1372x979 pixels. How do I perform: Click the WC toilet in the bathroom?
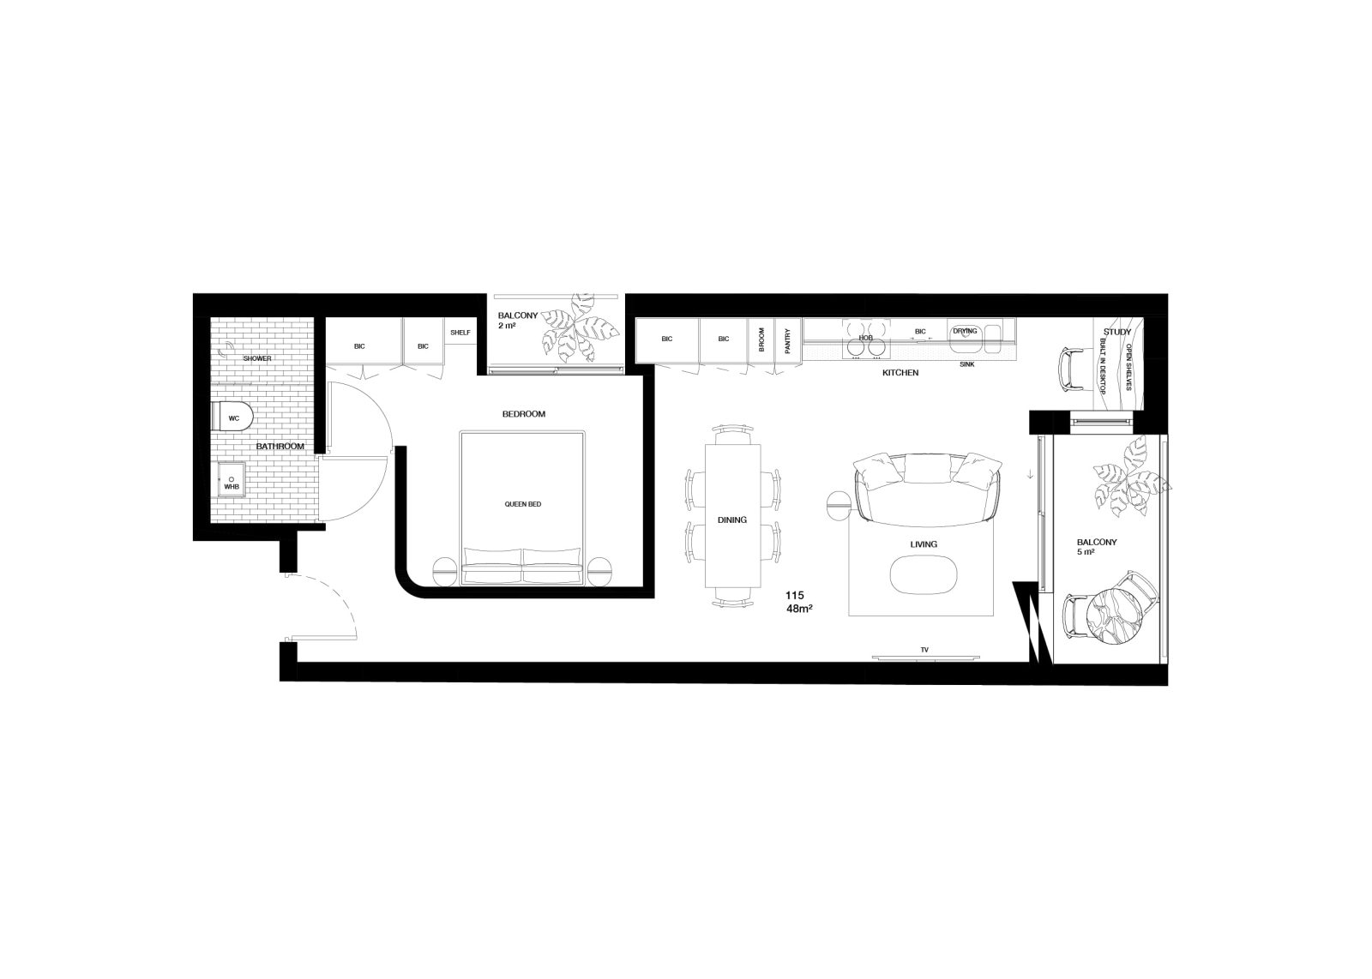pos(232,417)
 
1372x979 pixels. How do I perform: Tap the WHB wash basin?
pos(232,479)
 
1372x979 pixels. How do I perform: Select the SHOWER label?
pos(257,358)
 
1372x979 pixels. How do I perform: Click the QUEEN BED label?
pos(522,504)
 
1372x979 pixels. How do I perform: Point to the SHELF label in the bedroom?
pos(460,333)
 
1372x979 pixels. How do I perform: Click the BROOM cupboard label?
pos(761,339)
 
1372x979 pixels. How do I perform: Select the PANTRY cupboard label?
pos(788,340)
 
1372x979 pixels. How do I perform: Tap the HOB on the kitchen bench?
pos(865,338)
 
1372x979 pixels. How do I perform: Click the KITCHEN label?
pos(900,372)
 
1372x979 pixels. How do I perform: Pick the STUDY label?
pos(1117,332)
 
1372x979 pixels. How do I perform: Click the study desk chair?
pos(1072,369)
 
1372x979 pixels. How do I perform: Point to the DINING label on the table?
pos(732,520)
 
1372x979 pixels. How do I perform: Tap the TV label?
pos(924,650)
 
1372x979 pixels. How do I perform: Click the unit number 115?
pos(794,595)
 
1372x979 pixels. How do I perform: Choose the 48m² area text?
pos(799,609)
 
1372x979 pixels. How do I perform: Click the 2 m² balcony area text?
pos(507,326)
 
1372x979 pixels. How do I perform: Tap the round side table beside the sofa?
pos(839,506)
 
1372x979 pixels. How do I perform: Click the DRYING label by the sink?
pos(966,331)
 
